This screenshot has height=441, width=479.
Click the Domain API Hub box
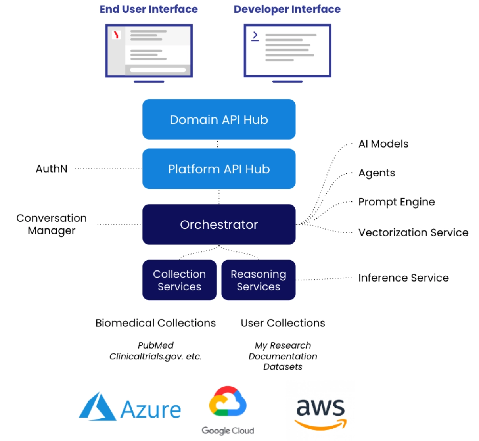219,119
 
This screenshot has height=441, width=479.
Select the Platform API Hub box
219,169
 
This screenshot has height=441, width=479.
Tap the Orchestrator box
219,224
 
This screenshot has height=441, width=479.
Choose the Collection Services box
179,280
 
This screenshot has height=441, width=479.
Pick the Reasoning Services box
258,280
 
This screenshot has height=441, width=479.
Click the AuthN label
52,169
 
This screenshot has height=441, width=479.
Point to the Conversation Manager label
52,224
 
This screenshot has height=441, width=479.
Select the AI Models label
383,144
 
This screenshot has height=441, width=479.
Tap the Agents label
377,173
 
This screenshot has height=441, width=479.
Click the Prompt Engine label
397,202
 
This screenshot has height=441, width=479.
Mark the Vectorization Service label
413,232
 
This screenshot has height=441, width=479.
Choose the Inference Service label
403,278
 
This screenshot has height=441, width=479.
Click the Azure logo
130,408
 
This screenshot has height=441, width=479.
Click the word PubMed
155,345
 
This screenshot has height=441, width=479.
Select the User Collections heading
283,323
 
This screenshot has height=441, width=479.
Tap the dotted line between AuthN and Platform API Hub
108,169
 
